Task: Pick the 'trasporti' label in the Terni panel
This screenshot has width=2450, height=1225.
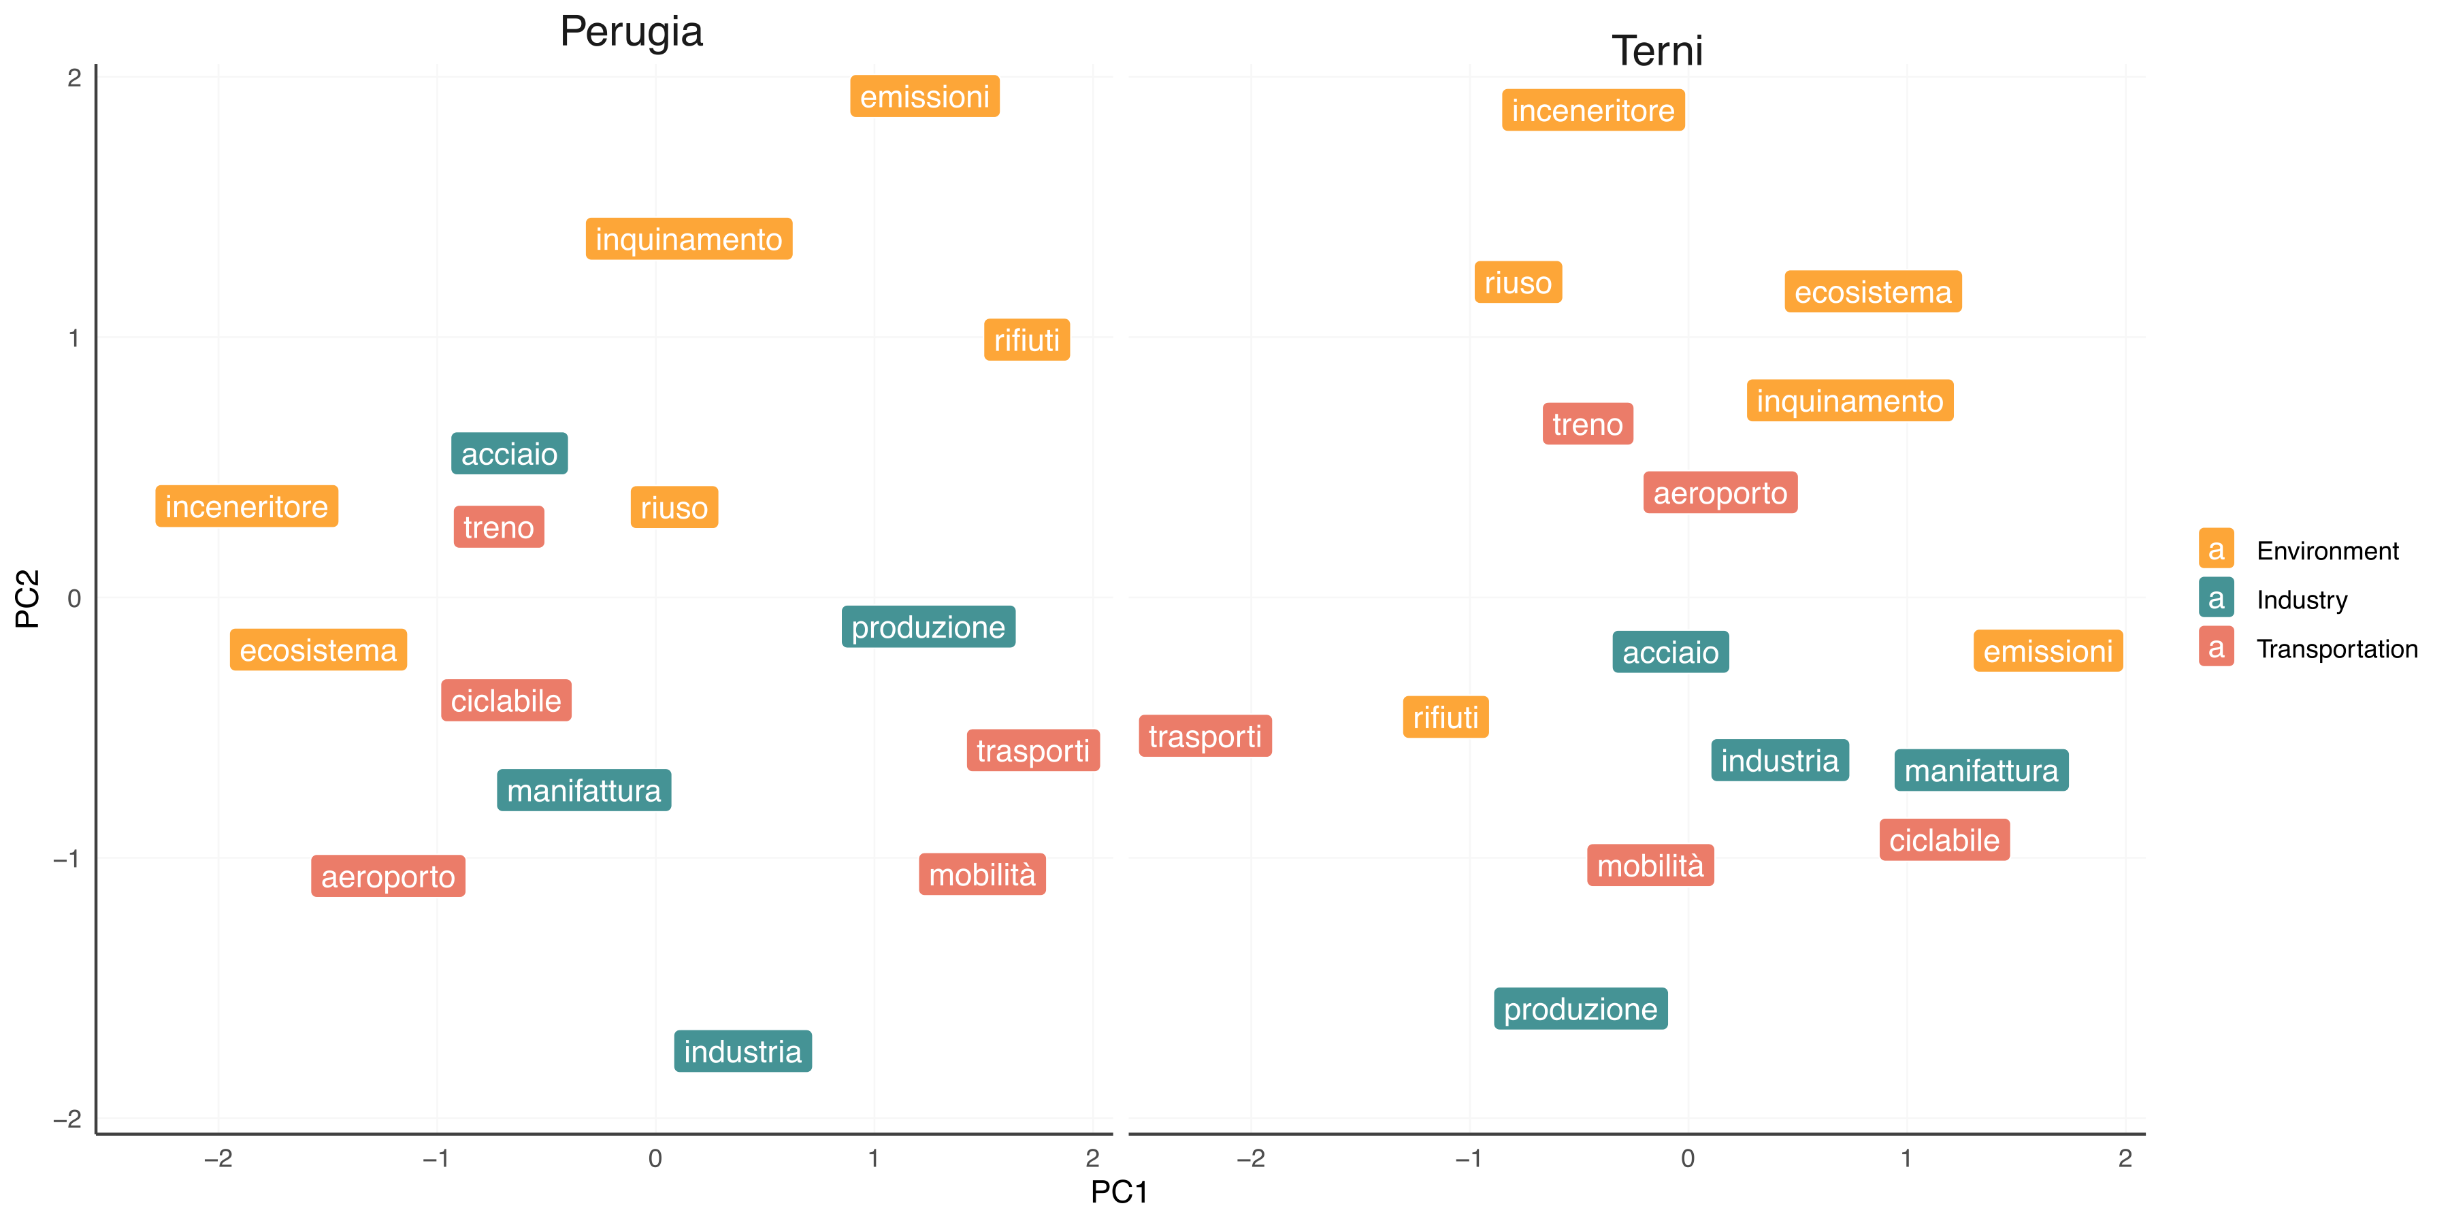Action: [x=1205, y=737]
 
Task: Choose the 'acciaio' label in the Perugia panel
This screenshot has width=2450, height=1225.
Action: [x=510, y=455]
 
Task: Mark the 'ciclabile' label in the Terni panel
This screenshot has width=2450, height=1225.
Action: [x=1944, y=840]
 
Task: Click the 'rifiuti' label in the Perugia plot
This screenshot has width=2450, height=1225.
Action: [x=1027, y=340]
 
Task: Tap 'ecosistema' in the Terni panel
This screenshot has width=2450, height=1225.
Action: [x=1873, y=292]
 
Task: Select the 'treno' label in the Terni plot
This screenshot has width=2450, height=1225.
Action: [x=1587, y=424]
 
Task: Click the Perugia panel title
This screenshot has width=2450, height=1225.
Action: [x=632, y=31]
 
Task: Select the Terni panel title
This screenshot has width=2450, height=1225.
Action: [x=1656, y=51]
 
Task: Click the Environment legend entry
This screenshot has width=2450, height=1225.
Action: [x=2327, y=551]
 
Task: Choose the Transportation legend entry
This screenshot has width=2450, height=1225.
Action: [x=2337, y=649]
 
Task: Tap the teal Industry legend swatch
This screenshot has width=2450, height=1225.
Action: [x=2216, y=599]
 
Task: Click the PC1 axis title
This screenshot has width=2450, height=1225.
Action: [x=1120, y=1192]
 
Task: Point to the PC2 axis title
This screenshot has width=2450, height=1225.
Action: [x=28, y=599]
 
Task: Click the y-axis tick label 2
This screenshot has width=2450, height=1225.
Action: [x=74, y=78]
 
